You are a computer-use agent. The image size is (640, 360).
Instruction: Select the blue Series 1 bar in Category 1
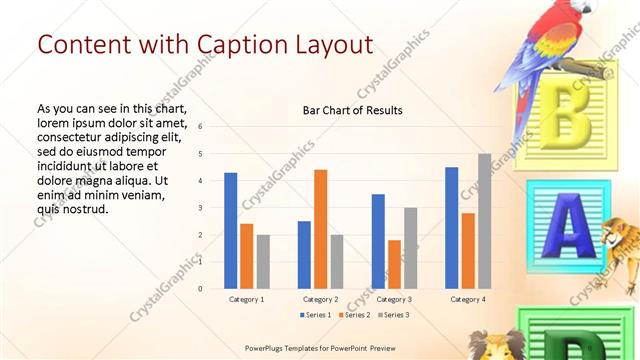(x=231, y=231)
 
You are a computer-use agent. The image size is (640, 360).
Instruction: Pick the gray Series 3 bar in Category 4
(x=484, y=221)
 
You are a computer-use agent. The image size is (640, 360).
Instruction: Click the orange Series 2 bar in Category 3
(x=394, y=264)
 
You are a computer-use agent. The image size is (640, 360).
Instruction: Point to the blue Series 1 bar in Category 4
(x=452, y=228)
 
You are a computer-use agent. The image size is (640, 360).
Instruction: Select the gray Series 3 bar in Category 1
(x=263, y=261)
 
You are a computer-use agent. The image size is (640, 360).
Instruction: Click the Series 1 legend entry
(x=318, y=315)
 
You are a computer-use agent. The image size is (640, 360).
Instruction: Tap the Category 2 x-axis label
(x=320, y=299)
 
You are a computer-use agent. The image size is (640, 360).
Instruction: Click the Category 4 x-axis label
(x=468, y=299)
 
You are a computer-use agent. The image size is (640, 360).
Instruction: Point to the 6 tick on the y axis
(x=201, y=127)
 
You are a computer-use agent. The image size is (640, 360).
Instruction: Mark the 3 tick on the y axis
(x=201, y=208)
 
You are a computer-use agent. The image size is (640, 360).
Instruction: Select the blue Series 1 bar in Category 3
(x=378, y=241)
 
